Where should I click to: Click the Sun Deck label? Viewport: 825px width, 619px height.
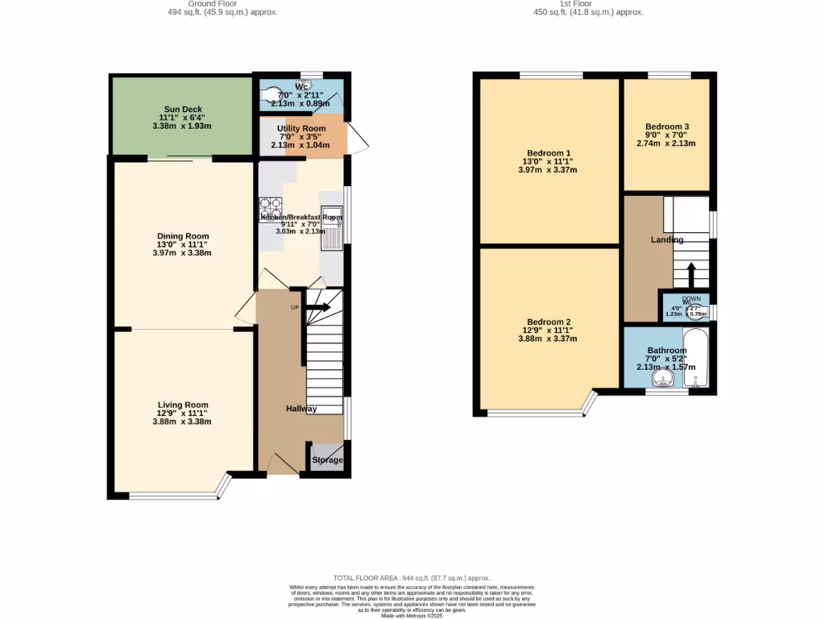(x=183, y=110)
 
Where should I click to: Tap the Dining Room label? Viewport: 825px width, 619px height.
(x=183, y=236)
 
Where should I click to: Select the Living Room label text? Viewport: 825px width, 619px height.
(x=183, y=405)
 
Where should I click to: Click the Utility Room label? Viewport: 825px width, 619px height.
(x=301, y=129)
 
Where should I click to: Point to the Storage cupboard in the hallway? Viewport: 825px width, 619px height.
(x=327, y=459)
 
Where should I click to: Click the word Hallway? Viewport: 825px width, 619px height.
(x=301, y=409)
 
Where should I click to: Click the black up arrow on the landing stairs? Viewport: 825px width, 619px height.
(x=690, y=275)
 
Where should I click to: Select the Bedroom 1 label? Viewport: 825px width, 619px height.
(x=549, y=153)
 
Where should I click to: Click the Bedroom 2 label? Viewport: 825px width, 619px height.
(x=549, y=322)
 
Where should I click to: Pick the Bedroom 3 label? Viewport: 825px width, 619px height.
(x=666, y=127)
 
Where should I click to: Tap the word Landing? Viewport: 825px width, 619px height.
(x=667, y=239)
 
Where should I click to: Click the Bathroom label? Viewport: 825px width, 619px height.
(x=666, y=351)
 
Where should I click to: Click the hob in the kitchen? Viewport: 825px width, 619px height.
(x=270, y=209)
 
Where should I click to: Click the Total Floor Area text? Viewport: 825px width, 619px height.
(x=412, y=578)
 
